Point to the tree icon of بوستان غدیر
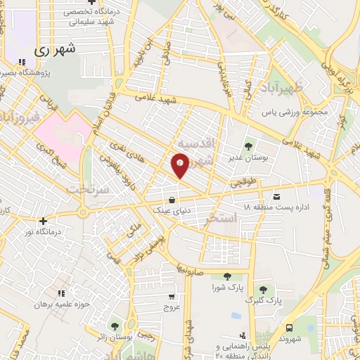247,147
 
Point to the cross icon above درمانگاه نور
43,220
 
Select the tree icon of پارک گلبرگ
263,289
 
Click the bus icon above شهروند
290,327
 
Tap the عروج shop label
172,307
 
